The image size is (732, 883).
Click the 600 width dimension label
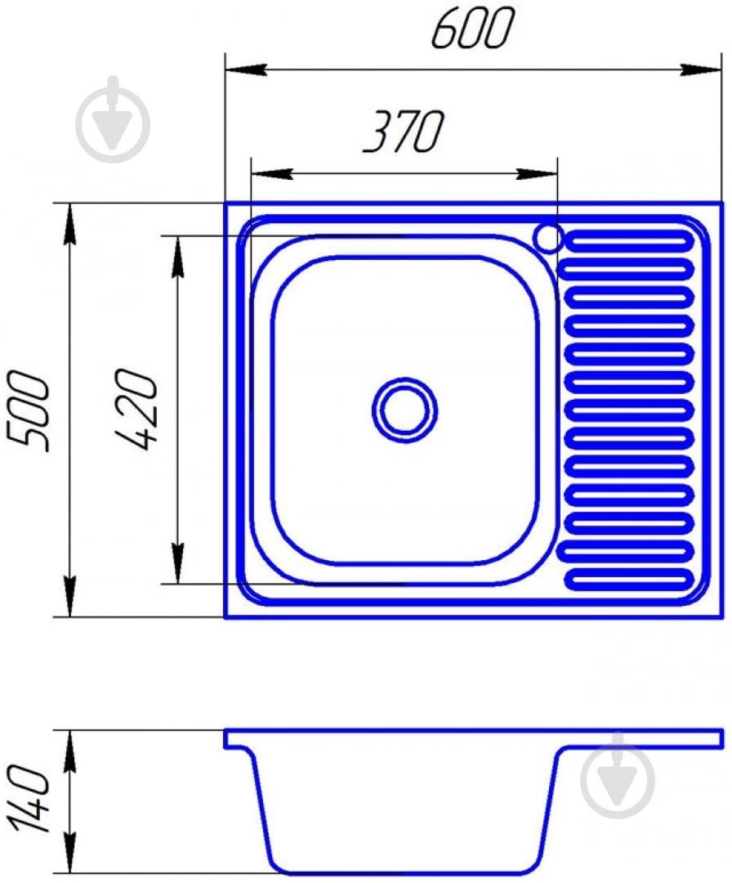click(x=473, y=28)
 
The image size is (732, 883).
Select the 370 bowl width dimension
click(x=404, y=131)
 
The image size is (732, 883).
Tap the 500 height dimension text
click(x=28, y=410)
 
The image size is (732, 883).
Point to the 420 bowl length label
click(x=136, y=410)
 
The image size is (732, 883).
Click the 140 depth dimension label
click(x=28, y=799)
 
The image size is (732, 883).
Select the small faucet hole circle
click(x=548, y=238)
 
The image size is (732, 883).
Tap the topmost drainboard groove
click(x=629, y=241)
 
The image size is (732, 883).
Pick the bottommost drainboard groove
click(x=629, y=579)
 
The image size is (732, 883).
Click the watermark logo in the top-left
click(x=113, y=119)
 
